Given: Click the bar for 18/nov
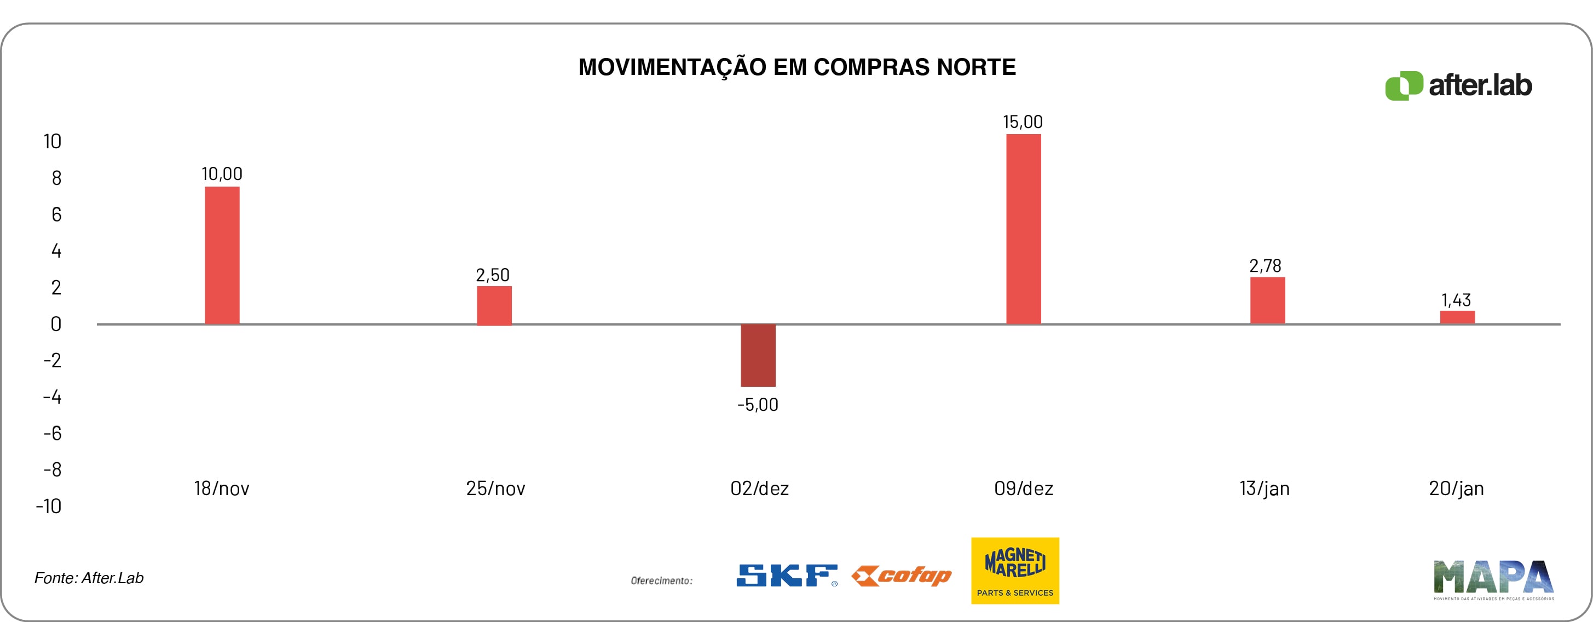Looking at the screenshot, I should tap(222, 255).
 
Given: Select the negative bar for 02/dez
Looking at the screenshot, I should tap(758, 355).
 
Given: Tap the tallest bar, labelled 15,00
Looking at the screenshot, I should tap(1024, 229).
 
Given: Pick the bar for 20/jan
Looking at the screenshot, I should tap(1457, 317).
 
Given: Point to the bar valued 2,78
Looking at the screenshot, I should tap(1267, 300).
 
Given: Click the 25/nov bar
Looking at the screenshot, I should tap(494, 305).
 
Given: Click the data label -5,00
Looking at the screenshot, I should tap(758, 405).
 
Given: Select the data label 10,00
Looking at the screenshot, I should tap(222, 174).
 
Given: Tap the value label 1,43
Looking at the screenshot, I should tap(1456, 300).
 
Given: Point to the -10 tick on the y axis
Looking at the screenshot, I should tap(49, 507).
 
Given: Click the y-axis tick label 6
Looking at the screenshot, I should tap(56, 214).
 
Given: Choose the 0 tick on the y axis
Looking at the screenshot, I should tap(56, 324).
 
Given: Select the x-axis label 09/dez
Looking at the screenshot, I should tap(1024, 489).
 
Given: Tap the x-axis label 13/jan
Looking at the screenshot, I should tap(1265, 489).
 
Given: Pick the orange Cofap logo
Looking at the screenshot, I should tap(901, 576).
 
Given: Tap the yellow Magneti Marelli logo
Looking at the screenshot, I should tap(1015, 570).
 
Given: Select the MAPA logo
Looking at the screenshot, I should tap(1493, 579).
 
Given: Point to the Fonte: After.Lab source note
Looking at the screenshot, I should tap(89, 578).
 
